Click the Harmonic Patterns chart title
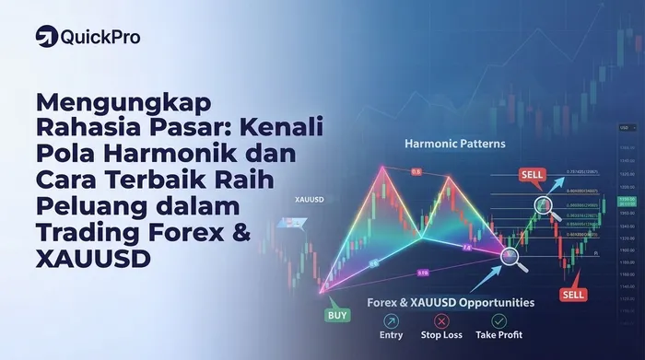[x=454, y=144]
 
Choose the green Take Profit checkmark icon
[x=498, y=321]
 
